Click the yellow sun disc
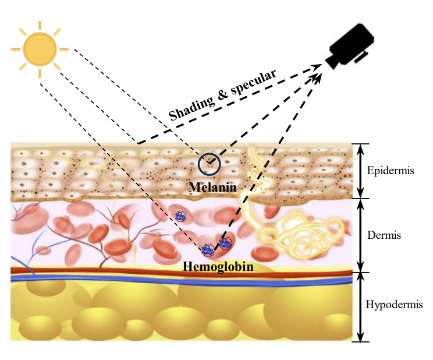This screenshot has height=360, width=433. pyautogui.click(x=40, y=49)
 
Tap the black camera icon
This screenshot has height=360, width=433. pyautogui.click(x=350, y=46)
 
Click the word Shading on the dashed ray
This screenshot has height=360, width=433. pyautogui.click(x=192, y=107)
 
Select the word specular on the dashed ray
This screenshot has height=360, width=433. pyautogui.click(x=253, y=82)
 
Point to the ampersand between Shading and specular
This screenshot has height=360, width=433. pyautogui.click(x=222, y=94)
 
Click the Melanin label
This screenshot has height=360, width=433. pyautogui.click(x=212, y=188)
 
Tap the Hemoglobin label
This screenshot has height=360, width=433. pyautogui.click(x=218, y=267)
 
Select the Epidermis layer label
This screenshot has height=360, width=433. pyautogui.click(x=391, y=170)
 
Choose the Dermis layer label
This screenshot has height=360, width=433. pyautogui.click(x=384, y=235)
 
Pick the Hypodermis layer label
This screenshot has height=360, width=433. pyautogui.click(x=394, y=305)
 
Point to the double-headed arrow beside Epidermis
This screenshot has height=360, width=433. pyautogui.click(x=360, y=171)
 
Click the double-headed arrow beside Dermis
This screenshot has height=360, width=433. pyautogui.click(x=360, y=235)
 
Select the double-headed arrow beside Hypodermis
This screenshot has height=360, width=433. pyautogui.click(x=360, y=307)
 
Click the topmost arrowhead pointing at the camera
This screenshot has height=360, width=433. pyautogui.click(x=317, y=66)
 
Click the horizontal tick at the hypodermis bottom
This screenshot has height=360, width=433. pyautogui.click(x=360, y=342)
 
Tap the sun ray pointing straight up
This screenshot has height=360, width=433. pyautogui.click(x=40, y=25)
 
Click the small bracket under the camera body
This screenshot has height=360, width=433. pyautogui.click(x=362, y=57)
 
